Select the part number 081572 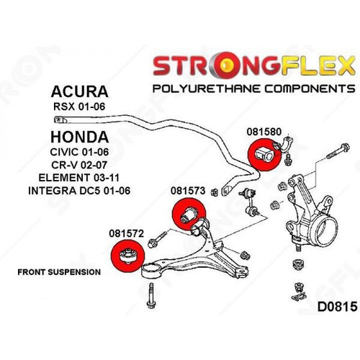coord(127,233)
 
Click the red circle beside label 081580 coord(263,154)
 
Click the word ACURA coord(80,91)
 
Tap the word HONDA coord(81,136)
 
